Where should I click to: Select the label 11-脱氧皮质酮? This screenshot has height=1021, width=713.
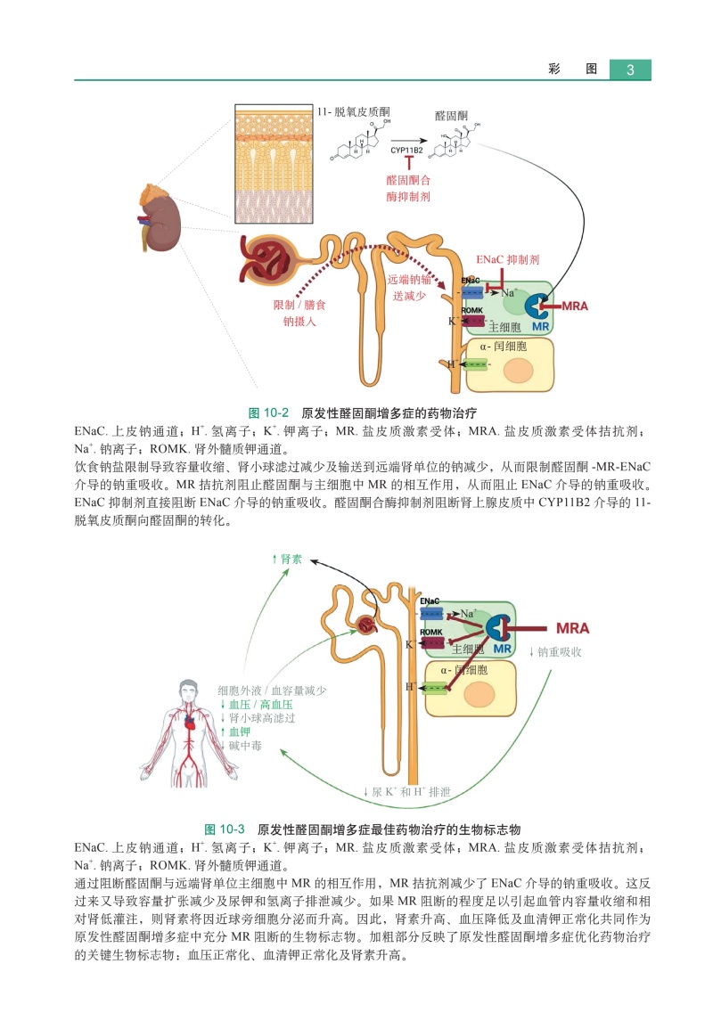[x=353, y=113]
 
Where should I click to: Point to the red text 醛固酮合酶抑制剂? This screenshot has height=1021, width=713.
[x=408, y=187]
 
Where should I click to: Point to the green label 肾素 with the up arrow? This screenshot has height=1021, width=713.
[x=286, y=560]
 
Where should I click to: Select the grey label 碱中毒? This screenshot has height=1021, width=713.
[x=243, y=745]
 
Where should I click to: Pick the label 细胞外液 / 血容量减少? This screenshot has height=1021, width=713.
[x=272, y=690]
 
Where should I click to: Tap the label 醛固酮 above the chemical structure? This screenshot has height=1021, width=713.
[x=451, y=116]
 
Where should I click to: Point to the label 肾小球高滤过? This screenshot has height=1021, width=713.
[x=260, y=717]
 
